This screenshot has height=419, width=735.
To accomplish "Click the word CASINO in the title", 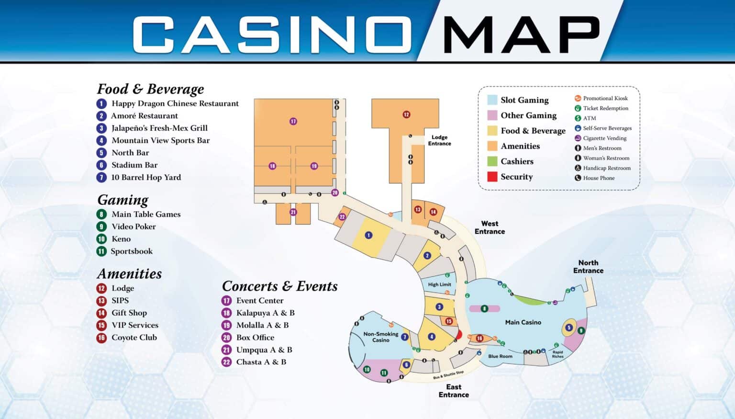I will point(272,34).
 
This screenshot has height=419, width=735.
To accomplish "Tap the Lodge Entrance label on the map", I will point(439,140).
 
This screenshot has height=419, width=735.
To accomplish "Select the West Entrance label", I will point(490,227).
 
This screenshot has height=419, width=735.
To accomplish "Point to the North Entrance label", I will point(588,267).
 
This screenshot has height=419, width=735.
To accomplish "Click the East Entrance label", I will point(454,391).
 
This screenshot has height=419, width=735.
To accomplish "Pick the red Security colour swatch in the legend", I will point(492,177).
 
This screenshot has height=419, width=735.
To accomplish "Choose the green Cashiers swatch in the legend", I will point(492,161).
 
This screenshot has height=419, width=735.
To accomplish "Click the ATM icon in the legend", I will point(578,118).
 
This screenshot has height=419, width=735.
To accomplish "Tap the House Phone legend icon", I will point(578,178).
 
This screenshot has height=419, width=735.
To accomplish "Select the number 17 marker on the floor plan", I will point(293,122).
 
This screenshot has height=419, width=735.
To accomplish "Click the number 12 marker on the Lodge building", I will point(406,114).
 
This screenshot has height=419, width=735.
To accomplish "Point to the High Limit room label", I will point(439,284).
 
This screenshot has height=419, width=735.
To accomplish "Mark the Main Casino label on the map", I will point(523,322).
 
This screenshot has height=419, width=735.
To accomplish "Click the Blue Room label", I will point(500,356).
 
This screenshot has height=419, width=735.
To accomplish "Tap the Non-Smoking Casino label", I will point(380,337).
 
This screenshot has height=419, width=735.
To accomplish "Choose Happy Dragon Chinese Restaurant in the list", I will point(175,103).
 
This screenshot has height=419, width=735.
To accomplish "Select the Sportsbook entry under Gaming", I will point(132,251).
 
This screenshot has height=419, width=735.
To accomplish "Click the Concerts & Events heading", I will point(279,286).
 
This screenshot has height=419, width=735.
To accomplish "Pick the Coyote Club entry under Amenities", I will point(134,338).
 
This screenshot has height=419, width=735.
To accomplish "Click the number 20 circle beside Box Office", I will point(226,338).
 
